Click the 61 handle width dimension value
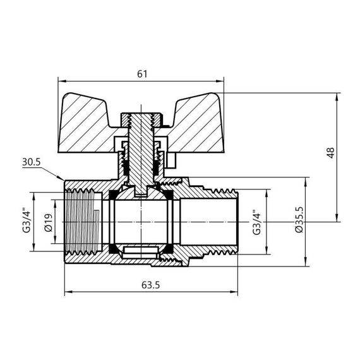click(x=142, y=74)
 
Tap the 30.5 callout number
click(x=31, y=162)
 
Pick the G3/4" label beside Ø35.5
click(x=256, y=222)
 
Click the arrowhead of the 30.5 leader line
click(x=62, y=179)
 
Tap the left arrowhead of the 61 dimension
click(x=61, y=81)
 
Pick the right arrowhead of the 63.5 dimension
click(x=236, y=292)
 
